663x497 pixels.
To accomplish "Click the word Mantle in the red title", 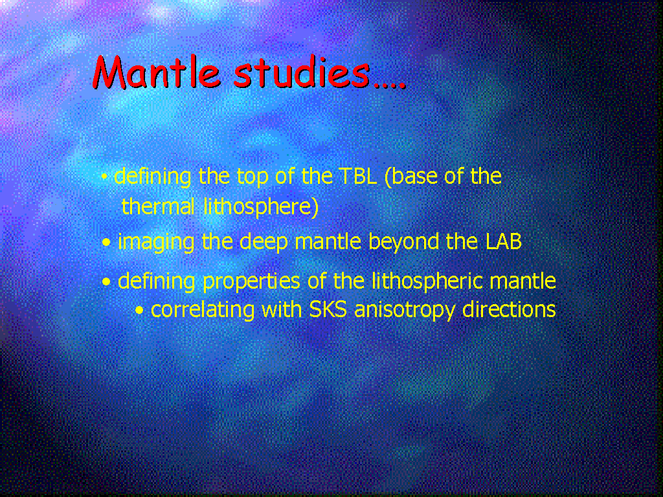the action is [x=157, y=72].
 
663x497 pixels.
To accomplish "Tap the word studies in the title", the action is [x=302, y=72].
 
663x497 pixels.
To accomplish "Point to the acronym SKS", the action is [x=328, y=309].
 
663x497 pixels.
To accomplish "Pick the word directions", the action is [x=509, y=309].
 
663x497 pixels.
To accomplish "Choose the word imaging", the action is [x=155, y=243].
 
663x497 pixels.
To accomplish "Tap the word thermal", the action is [x=158, y=206].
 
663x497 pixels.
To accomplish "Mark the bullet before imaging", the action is [x=107, y=243].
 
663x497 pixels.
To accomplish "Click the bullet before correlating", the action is [x=140, y=311].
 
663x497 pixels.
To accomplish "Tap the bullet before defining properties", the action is [x=107, y=282].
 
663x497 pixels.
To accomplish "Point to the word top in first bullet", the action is [x=253, y=177].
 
